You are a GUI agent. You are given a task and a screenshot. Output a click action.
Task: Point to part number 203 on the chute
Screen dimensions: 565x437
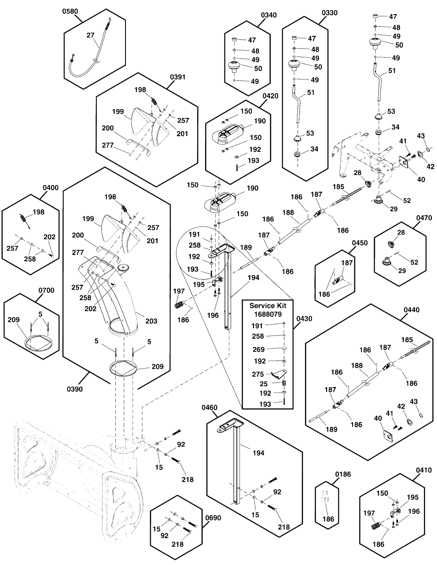(x=151, y=321)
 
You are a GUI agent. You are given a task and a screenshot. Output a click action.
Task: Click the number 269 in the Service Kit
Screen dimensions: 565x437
(x=258, y=350)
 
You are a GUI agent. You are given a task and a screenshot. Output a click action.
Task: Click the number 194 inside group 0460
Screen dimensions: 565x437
(x=258, y=453)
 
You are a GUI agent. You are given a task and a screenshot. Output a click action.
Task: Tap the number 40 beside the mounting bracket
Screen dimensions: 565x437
(x=421, y=180)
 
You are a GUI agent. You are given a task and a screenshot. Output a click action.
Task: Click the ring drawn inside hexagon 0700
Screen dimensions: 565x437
(x=38, y=343)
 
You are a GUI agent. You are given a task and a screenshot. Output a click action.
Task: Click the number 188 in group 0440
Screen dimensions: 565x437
(x=357, y=365)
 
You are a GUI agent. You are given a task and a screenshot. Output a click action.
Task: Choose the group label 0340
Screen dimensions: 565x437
(x=269, y=15)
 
